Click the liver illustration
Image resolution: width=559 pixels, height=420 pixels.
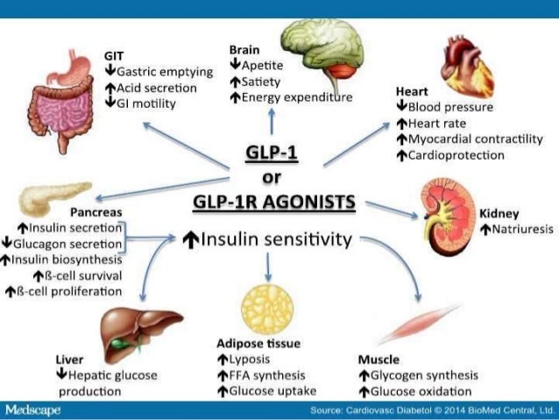[141, 328]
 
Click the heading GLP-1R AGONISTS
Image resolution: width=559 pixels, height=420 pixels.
[274, 203]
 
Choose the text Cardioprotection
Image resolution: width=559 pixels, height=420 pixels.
[456, 154]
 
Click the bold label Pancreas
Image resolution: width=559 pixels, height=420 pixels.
[96, 212]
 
